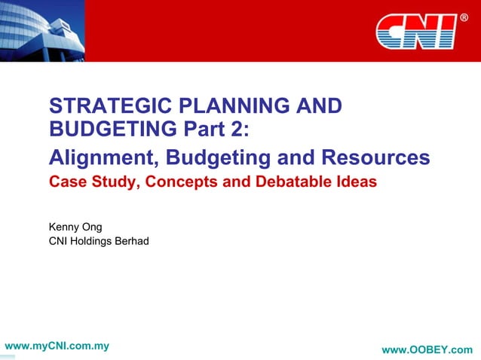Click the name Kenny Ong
tap(75, 227)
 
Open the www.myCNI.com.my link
tap(57, 346)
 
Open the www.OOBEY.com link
tap(427, 349)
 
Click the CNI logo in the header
tap(415, 31)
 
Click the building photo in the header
tap(41, 30)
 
